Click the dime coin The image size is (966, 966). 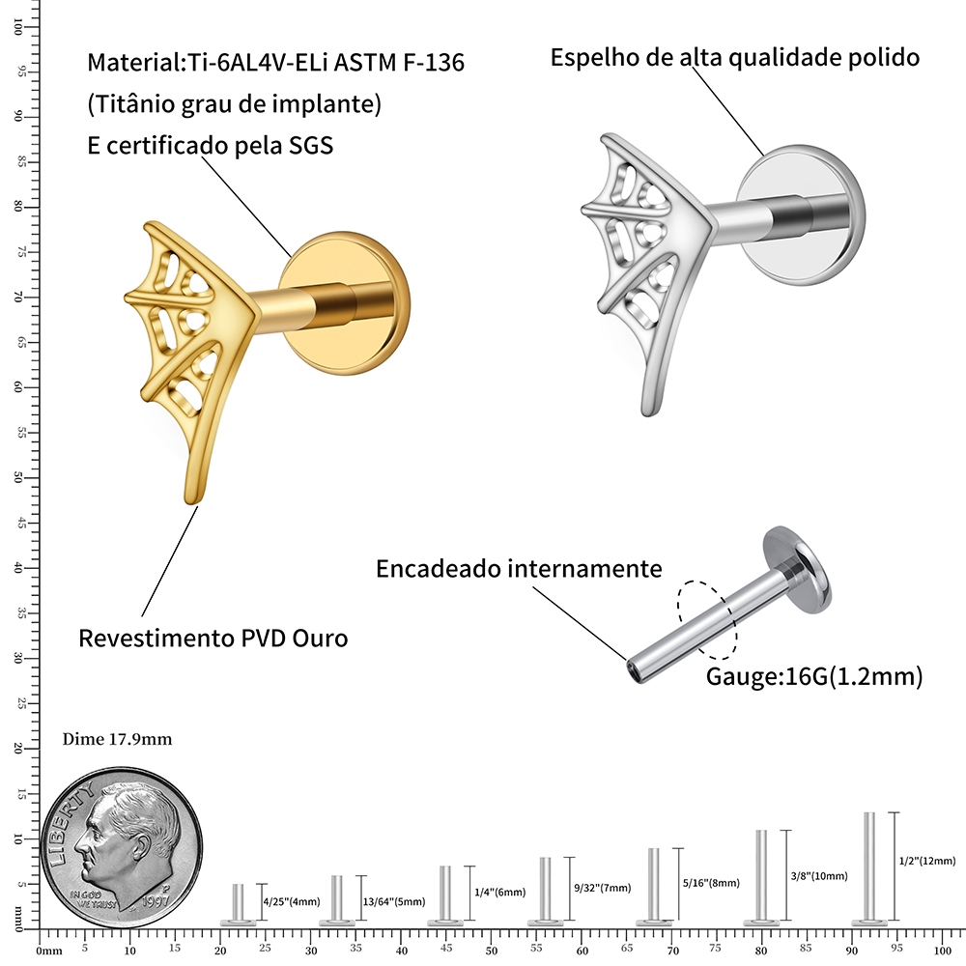123,839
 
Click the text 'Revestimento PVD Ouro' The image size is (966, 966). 213,639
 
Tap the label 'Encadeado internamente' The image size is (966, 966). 519,568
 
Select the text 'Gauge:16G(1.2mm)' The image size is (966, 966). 814,677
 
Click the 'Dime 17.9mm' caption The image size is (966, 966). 117,739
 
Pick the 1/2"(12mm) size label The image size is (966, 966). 926,861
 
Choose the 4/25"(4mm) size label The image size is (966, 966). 291,901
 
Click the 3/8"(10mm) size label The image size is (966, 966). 820,876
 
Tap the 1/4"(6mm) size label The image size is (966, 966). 499,892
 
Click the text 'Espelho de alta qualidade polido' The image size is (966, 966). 734,57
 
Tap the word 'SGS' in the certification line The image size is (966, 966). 312,145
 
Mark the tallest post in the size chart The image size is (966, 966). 869,866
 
